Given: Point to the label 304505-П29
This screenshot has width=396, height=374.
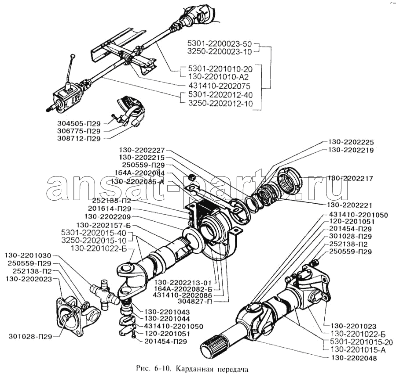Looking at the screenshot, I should pyautogui.click(x=78, y=123).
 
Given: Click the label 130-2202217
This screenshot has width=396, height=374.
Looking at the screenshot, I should pyautogui.click(x=350, y=179).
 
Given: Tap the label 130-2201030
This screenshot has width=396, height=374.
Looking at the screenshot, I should pyautogui.click(x=29, y=255).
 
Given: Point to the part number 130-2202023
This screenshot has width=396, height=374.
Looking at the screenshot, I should pyautogui.click(x=29, y=279).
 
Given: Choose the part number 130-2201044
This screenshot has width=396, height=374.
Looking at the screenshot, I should pyautogui.click(x=165, y=318).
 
